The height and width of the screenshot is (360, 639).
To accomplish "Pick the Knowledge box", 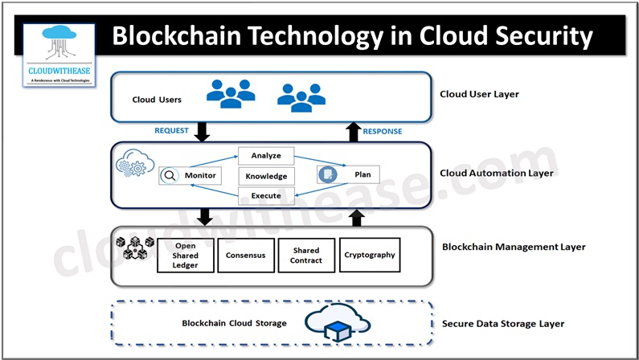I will coord(266,175).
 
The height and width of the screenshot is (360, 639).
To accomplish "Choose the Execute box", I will coord(266,195).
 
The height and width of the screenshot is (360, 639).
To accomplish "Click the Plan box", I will coord(348,174).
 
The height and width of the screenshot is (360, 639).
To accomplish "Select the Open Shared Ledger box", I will coord(185,255).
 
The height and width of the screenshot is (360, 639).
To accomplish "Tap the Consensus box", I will coord(245,255).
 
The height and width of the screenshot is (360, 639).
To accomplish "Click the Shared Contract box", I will coord(306,255).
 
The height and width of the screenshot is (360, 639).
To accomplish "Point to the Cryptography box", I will coord(369,255).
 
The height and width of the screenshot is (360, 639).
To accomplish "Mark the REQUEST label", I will coord(171,130).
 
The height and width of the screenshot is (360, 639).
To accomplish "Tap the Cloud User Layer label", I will coord(479,94).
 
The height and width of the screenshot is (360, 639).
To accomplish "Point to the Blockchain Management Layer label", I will coord(514,247).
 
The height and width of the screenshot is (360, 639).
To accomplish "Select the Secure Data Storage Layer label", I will coord(503,323).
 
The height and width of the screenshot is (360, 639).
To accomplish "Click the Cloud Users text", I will coord(157,100).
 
